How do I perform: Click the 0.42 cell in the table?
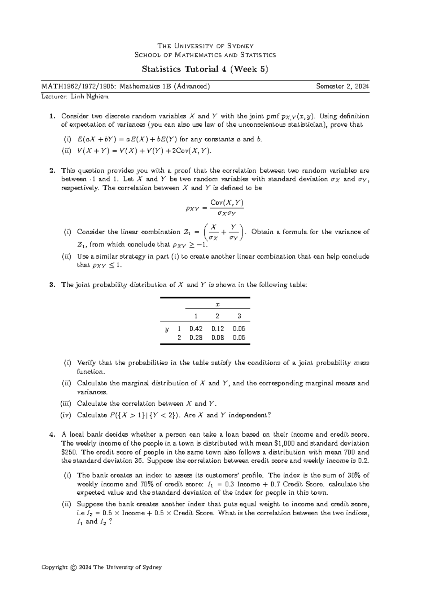point(196,329)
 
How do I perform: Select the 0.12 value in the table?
point(218,329)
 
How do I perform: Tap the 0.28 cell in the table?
point(196,338)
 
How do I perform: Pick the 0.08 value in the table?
point(218,338)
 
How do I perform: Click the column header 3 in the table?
point(239,316)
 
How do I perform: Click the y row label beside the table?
point(167,329)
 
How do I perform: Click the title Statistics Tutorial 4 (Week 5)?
point(205,69)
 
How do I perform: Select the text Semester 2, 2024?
point(342,87)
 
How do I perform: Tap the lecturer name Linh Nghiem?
point(89,96)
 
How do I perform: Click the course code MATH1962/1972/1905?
point(79,87)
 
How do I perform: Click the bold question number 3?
point(52,285)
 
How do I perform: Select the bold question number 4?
point(52,435)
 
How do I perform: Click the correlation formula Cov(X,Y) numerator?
point(227,202)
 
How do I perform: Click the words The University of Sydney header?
point(205,46)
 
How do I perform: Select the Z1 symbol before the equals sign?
point(188,232)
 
